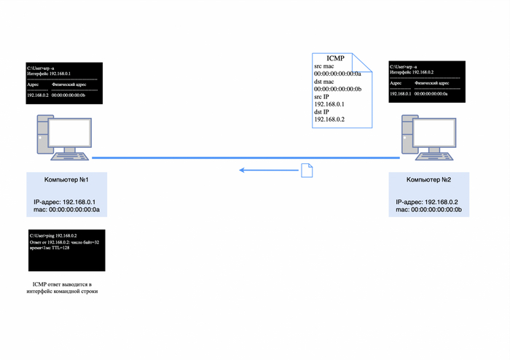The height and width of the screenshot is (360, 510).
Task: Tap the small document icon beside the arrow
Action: click(x=307, y=170)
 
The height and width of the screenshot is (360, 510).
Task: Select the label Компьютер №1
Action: click(x=66, y=179)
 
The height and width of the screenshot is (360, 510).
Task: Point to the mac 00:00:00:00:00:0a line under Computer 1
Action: click(x=66, y=209)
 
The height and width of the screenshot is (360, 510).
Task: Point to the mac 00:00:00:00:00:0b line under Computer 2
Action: click(x=429, y=209)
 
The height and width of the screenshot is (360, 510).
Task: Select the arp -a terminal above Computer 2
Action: click(x=425, y=80)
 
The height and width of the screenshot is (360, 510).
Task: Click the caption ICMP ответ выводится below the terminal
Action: click(x=65, y=286)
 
